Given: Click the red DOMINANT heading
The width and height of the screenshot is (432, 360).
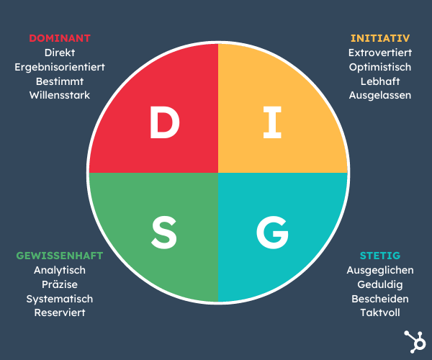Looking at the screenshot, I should pos(60,38).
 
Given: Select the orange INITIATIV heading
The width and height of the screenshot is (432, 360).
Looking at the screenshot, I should pos(379,38).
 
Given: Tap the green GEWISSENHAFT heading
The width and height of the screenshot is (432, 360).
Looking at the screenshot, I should pos(60,256).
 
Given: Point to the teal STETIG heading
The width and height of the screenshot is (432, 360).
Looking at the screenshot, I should pos(379,256).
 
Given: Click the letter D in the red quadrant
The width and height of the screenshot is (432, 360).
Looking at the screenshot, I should pos(164,123).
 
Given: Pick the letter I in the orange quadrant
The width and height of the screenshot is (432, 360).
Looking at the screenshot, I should pos(271,123).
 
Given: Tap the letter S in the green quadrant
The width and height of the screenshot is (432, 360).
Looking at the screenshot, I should pos(164,231).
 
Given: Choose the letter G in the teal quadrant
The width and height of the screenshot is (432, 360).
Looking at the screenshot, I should pos(271,231).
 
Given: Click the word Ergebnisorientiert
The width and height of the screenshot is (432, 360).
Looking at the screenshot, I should pos(60,67).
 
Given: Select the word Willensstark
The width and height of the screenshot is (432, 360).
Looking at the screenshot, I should pos(60,95).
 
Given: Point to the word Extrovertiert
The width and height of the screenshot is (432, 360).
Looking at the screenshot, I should pos(379,53).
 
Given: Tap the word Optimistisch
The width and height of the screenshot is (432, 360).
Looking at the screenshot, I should pos(379,67).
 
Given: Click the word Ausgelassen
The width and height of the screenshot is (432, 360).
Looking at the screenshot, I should pos(379,95).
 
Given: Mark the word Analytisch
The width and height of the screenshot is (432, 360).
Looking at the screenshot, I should pos(60,270).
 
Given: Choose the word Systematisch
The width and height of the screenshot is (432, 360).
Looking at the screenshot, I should pos(60,299).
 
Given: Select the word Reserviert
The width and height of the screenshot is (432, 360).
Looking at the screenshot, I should pos(60,312).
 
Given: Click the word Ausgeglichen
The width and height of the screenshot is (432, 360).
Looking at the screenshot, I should pos(379,270).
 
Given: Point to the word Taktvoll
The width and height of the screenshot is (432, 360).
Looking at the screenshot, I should pos(379,312).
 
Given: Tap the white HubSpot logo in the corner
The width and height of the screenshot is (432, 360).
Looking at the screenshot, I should pos(414,341).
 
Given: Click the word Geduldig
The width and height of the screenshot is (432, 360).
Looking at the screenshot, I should pos(379,284).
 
